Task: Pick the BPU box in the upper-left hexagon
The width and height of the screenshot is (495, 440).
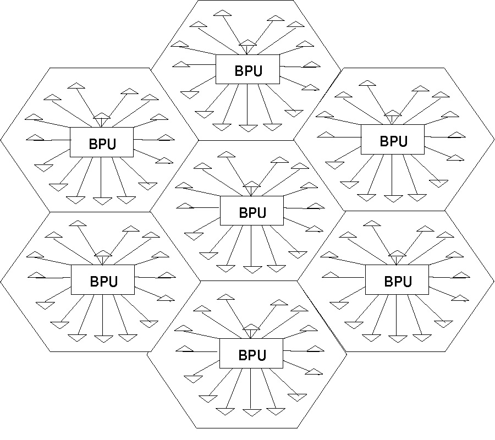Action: (x=102, y=142)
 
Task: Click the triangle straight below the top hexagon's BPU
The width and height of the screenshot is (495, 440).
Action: (x=248, y=128)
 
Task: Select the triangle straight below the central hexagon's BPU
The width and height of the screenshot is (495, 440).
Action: (x=252, y=269)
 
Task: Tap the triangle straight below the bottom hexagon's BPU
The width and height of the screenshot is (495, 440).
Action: (x=251, y=412)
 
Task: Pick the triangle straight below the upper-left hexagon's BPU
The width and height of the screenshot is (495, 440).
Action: (x=102, y=201)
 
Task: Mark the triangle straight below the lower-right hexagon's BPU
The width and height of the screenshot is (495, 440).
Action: (x=397, y=338)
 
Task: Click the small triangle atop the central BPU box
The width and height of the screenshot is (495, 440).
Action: (x=251, y=185)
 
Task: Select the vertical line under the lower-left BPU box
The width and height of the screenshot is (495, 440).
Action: (x=103, y=313)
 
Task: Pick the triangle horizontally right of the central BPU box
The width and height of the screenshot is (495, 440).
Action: (x=316, y=206)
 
